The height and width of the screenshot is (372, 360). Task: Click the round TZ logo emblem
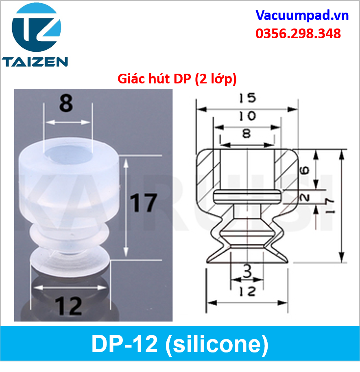pyautogui.click(x=36, y=27)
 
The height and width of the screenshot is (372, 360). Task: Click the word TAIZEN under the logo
pyautogui.click(x=35, y=62)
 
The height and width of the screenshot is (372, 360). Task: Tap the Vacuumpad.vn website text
pyautogui.click(x=302, y=16)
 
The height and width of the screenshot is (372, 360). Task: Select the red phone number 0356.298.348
pyautogui.click(x=298, y=33)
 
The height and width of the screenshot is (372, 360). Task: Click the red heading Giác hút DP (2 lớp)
pyautogui.click(x=177, y=79)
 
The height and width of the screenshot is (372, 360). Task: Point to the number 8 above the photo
pyautogui.click(x=66, y=103)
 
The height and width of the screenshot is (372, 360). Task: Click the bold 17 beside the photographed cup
pyautogui.click(x=144, y=203)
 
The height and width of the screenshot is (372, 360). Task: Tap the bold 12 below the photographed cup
pyautogui.click(x=68, y=306)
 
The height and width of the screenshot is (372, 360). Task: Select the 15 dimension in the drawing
pyautogui.click(x=247, y=98)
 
